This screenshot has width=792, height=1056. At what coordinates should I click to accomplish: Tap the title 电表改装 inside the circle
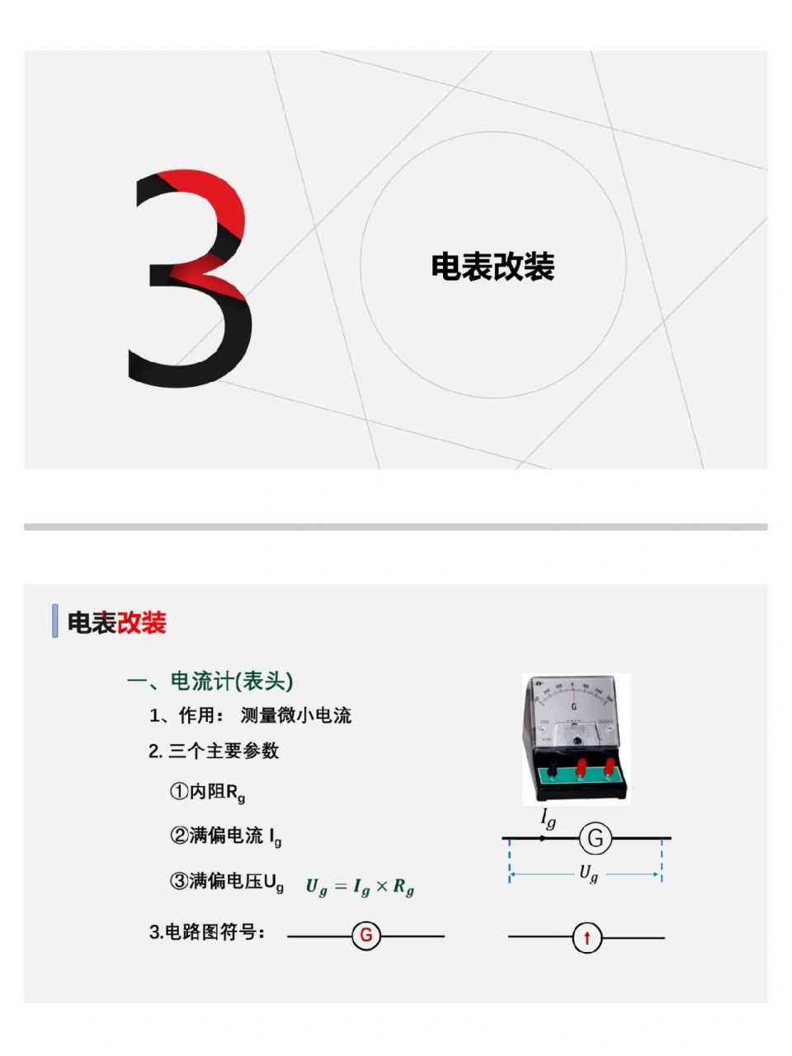(493, 266)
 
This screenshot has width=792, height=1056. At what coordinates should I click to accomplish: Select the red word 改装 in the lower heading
(141, 623)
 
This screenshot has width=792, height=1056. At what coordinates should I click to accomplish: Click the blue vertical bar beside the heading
(54, 621)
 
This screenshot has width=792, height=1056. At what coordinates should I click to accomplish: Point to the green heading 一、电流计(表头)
(210, 681)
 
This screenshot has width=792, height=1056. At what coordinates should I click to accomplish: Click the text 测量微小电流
(296, 715)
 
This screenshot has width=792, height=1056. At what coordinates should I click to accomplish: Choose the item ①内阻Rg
(207, 792)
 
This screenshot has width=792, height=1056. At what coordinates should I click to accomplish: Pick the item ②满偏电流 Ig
(225, 836)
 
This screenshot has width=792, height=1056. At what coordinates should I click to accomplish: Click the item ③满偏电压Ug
(227, 882)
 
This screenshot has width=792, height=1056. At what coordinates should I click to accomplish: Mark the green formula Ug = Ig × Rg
(360, 887)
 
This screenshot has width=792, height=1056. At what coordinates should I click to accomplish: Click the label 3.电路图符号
(207, 932)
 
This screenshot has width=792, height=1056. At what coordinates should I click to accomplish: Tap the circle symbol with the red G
(366, 936)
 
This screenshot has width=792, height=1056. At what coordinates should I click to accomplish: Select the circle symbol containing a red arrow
(587, 938)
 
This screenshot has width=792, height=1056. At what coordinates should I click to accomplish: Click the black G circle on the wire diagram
(595, 839)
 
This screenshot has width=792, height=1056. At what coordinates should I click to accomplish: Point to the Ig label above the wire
(548, 818)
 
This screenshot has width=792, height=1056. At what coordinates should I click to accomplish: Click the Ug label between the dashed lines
(587, 873)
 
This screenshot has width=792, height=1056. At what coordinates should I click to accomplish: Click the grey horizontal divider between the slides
(396, 526)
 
